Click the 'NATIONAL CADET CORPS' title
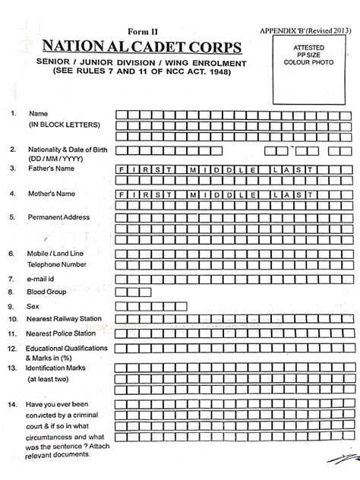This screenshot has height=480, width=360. click(x=142, y=48)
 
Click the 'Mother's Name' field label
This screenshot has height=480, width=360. click(x=52, y=194)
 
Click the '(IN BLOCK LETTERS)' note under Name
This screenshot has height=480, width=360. click(x=59, y=123)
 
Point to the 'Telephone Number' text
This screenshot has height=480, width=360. click(x=57, y=264)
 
